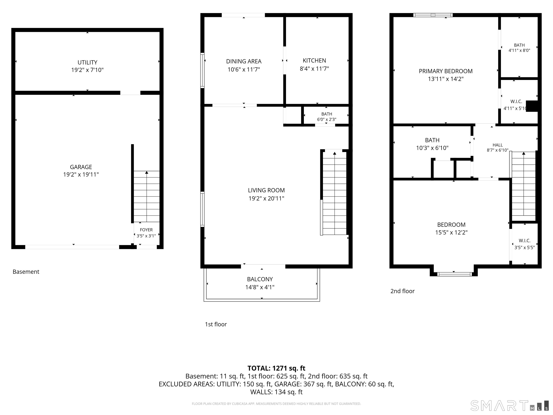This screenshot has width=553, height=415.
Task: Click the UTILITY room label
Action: click(x=87, y=62)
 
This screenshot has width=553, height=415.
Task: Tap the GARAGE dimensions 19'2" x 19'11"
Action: click(x=81, y=175)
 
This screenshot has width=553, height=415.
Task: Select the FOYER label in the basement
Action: click(x=146, y=230)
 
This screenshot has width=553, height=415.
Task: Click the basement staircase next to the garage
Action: click(x=147, y=196)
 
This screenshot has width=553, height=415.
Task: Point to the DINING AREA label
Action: click(x=244, y=61)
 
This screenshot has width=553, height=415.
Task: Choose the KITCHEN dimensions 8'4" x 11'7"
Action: click(x=314, y=69)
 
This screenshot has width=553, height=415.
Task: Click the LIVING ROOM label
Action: click(x=266, y=190)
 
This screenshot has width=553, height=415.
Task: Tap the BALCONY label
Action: click(x=260, y=279)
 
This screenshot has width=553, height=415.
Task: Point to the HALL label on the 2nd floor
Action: click(x=498, y=145)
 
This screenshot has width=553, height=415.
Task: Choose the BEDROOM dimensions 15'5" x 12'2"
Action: click(x=451, y=232)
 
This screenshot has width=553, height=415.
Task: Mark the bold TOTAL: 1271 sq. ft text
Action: click(x=276, y=368)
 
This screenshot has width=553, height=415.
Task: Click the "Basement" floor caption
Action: click(x=26, y=272)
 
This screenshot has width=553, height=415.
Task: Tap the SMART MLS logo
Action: click(x=509, y=405)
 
